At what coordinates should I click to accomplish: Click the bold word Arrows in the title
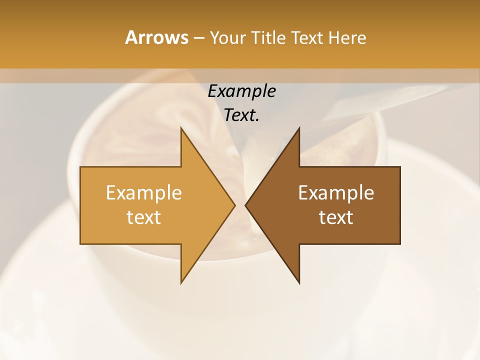tap(156, 37)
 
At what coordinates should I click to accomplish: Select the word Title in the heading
tap(269, 38)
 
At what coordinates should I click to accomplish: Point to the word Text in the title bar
tap(307, 38)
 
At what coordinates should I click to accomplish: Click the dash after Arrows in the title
tap(198, 38)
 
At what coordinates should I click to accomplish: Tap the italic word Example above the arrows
tap(241, 91)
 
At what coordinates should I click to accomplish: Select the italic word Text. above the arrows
tap(241, 115)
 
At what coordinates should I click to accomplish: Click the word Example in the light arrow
tap(144, 193)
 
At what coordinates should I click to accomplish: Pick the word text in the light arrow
tap(144, 217)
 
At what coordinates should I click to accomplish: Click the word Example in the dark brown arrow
tap(336, 193)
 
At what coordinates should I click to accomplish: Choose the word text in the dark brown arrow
tap(336, 217)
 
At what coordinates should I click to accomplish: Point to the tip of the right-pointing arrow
tap(234, 205)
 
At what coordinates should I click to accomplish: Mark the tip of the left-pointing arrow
tap(246, 205)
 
